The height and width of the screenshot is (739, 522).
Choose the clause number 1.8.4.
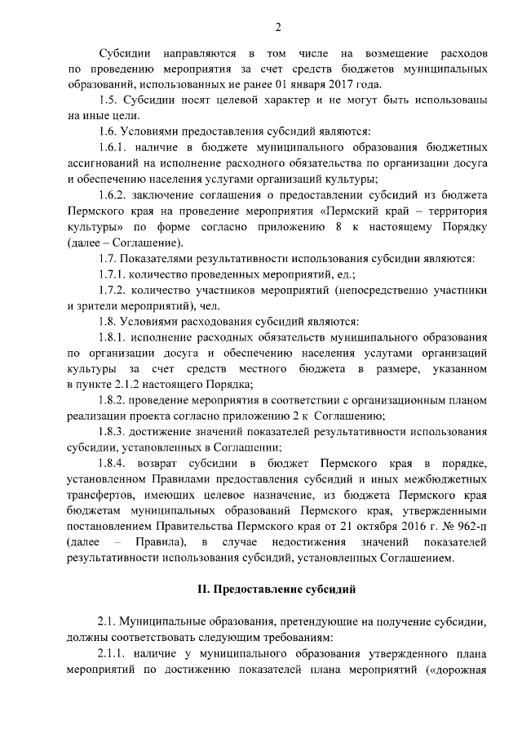113,463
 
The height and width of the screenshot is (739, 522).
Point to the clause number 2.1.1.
113,654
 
